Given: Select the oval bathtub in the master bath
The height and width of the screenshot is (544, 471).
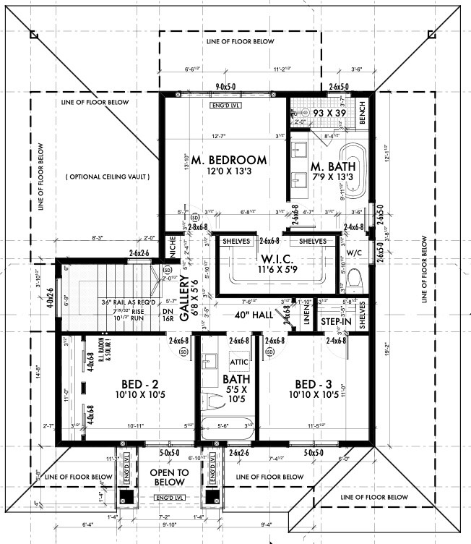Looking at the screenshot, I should pyautogui.click(x=355, y=170).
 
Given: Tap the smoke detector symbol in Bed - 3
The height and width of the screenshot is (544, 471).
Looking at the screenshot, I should pyautogui.click(x=270, y=352).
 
